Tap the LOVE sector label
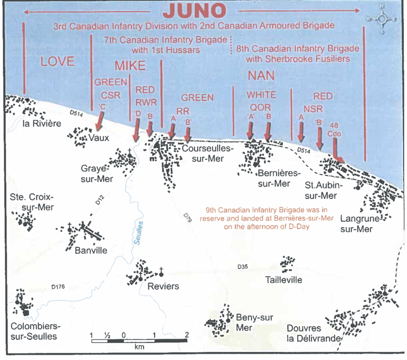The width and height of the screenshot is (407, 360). (x=57, y=61)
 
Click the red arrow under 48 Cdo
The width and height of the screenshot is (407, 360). (x=339, y=153)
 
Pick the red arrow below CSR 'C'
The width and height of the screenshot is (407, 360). (x=100, y=121)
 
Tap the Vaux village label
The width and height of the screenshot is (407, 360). (x=98, y=138)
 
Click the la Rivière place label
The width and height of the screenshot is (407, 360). (x=42, y=125)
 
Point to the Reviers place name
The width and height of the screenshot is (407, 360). (x=163, y=286)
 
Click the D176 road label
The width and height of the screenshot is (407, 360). (x=58, y=286)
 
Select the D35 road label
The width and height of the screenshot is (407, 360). (x=243, y=267)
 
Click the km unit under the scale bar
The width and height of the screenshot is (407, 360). (x=139, y=347)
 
